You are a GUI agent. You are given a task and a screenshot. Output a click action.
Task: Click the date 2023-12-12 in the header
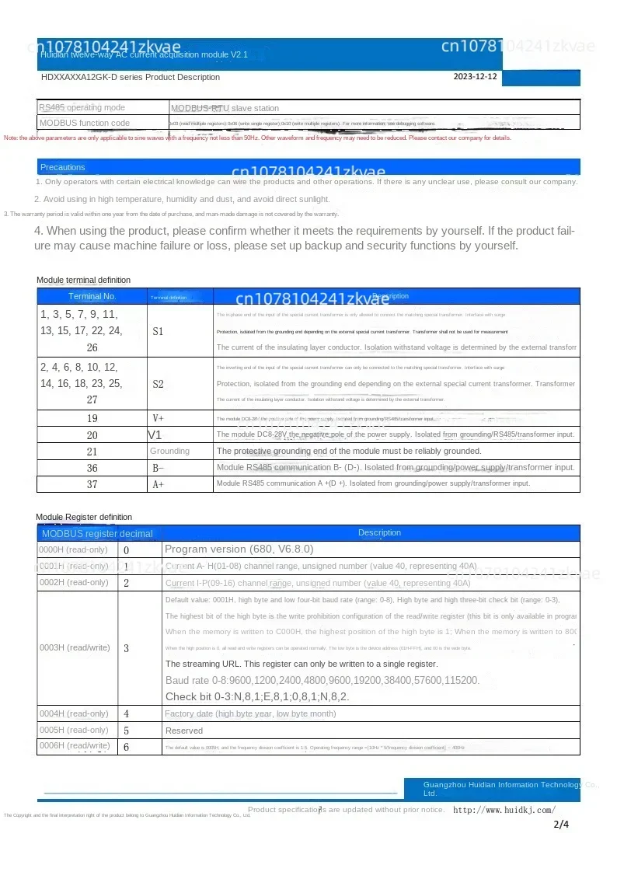click(x=475, y=77)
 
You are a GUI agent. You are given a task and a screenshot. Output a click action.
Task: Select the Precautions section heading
click(x=63, y=167)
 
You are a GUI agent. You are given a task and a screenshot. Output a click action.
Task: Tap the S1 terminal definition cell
click(x=158, y=331)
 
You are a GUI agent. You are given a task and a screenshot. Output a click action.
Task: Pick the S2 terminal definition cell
click(x=158, y=384)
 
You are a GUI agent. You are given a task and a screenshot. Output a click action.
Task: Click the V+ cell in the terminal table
click(x=158, y=418)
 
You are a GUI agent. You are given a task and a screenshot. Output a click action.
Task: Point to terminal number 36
click(x=92, y=468)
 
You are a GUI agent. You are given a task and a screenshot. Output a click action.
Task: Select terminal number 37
click(x=92, y=484)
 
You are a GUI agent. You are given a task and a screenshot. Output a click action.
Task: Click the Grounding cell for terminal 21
click(x=169, y=451)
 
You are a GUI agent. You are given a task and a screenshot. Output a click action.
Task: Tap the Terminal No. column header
click(x=92, y=296)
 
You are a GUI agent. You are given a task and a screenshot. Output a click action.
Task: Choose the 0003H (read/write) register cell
click(x=75, y=647)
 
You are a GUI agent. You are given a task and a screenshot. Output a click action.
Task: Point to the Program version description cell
click(x=239, y=549)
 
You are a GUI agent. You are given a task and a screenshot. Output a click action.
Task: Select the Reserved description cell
click(x=184, y=731)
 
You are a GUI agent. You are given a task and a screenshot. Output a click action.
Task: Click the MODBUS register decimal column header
click(x=97, y=533)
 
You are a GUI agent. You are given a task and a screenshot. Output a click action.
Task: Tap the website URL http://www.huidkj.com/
click(x=504, y=810)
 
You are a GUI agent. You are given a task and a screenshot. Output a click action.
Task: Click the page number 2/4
click(x=561, y=824)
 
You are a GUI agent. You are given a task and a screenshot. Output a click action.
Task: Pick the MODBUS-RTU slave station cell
click(x=225, y=108)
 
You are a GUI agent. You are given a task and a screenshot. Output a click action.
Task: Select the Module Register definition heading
click(x=84, y=517)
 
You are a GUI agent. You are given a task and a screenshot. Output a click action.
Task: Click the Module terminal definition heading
click(x=84, y=280)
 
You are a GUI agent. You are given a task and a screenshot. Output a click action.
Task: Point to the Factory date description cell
click(x=250, y=713)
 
